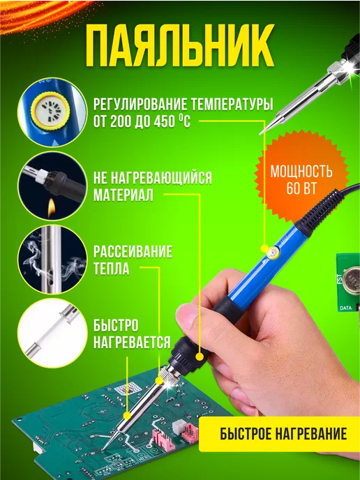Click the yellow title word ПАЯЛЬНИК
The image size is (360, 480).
[x=180, y=45]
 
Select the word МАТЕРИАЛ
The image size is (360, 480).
[x=123, y=195]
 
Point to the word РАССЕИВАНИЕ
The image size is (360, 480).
[x=133, y=252]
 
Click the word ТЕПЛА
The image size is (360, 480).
[x=111, y=269]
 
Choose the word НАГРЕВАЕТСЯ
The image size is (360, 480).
[x=132, y=343]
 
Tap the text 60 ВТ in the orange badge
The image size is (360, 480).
[x=301, y=188]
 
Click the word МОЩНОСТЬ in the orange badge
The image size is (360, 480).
[x=301, y=172]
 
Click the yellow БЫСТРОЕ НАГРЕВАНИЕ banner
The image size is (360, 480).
[x=279, y=434]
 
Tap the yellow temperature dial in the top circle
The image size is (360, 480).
[x=51, y=110]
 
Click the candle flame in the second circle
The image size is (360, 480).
[x=52, y=208]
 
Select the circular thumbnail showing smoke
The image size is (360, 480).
[x=52, y=260]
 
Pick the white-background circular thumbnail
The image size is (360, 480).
[x=52, y=333]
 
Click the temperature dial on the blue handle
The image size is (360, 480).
[x=273, y=253]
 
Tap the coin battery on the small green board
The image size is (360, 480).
[x=352, y=278]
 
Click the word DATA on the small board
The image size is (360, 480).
[x=345, y=308]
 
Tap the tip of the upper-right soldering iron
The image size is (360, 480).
[x=260, y=134]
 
